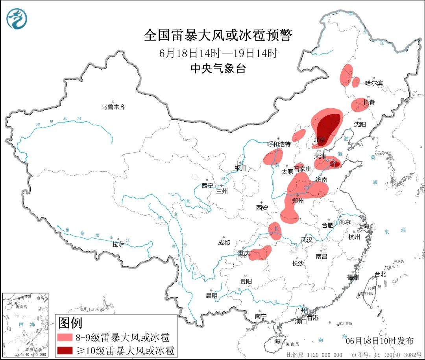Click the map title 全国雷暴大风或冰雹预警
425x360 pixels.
tap(218, 36)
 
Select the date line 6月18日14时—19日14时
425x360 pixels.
tap(218, 53)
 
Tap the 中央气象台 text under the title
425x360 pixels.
tap(218, 69)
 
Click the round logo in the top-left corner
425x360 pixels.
tap(17, 18)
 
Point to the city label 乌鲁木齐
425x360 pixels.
tap(113, 107)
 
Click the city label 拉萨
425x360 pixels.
tap(118, 244)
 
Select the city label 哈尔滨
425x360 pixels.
tap(374, 83)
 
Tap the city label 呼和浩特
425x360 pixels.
tap(279, 144)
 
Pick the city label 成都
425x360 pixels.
tap(224, 243)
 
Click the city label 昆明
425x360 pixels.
tap(211, 295)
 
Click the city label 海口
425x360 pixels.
tap(280, 341)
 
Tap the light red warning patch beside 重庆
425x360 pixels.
tap(261, 253)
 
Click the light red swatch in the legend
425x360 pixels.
tap(65, 338)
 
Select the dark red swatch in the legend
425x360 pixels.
tap(65, 350)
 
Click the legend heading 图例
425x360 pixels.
tap(70, 323)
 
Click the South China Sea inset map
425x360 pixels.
tap(25, 325)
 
